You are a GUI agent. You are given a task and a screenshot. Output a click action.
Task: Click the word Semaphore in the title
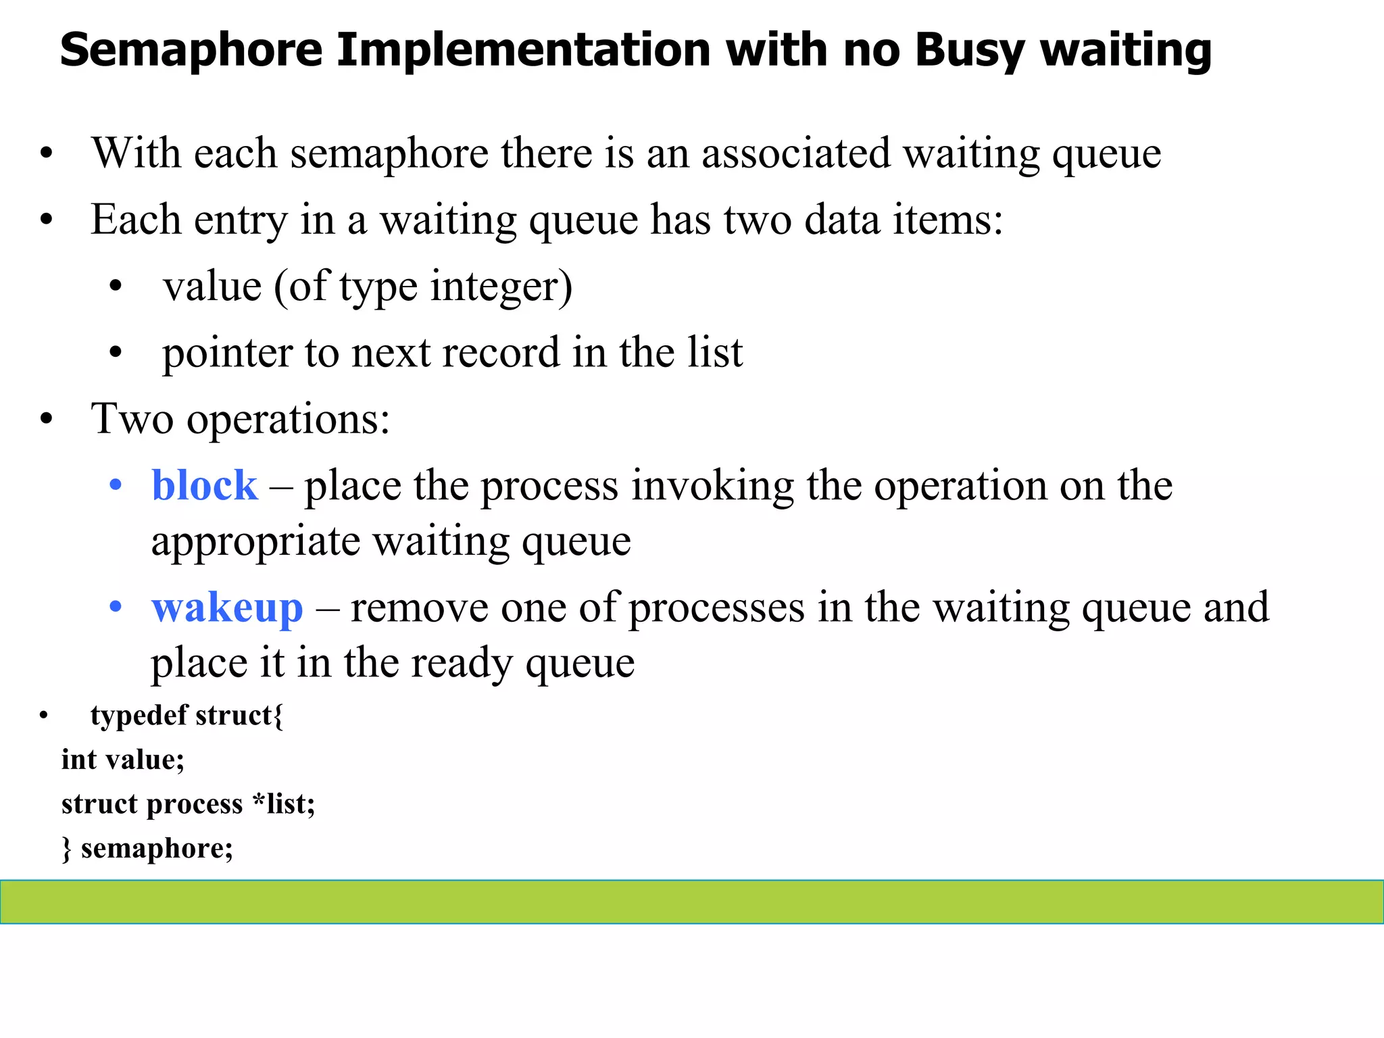pyautogui.click(x=191, y=51)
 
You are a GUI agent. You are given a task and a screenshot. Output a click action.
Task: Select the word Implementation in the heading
pyautogui.click(x=523, y=51)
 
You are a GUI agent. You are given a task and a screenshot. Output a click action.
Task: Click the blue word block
pyautogui.click(x=204, y=485)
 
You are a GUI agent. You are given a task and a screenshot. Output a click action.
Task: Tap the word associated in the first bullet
pyautogui.click(x=795, y=153)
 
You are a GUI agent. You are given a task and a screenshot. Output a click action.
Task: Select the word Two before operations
pyautogui.click(x=132, y=418)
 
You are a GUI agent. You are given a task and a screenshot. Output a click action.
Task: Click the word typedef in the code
pyautogui.click(x=139, y=715)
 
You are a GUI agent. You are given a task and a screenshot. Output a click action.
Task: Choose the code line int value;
pyautogui.click(x=122, y=760)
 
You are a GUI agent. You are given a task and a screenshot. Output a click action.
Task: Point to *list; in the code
pyautogui.click(x=283, y=804)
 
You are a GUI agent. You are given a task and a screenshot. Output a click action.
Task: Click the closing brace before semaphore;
pyautogui.click(x=66, y=849)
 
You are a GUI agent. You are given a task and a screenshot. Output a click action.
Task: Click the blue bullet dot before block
pyautogui.click(x=116, y=485)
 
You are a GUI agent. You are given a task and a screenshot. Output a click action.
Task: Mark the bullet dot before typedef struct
pyautogui.click(x=44, y=715)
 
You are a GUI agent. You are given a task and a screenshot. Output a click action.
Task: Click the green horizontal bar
pyautogui.click(x=692, y=901)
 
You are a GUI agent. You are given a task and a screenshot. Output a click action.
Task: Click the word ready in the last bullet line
pyautogui.click(x=462, y=663)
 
